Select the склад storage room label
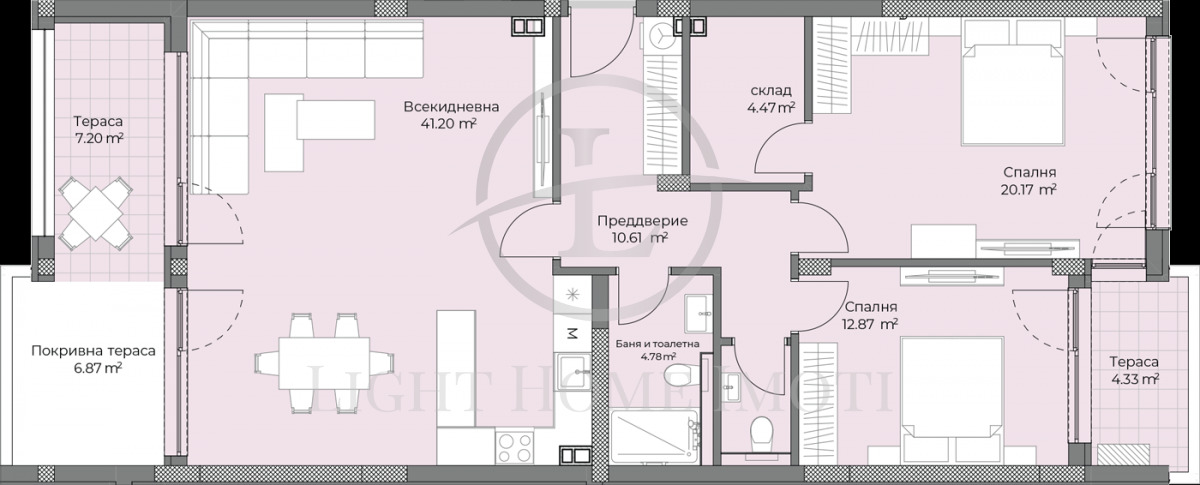pos(771,90)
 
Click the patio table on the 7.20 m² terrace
pos(98,212)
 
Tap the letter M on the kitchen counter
pos(572,332)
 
